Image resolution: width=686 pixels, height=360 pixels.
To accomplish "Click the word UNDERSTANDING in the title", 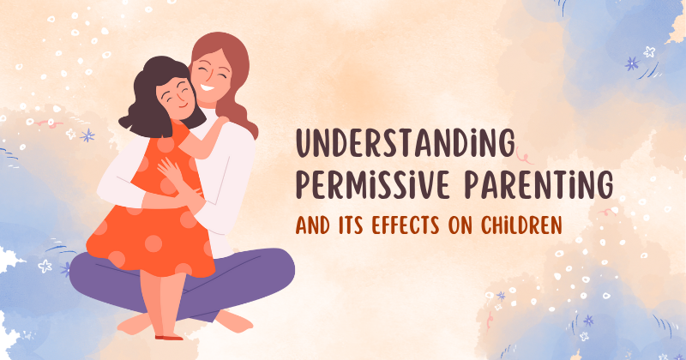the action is [406, 143].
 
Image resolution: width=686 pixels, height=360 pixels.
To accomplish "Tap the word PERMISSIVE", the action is [373, 184].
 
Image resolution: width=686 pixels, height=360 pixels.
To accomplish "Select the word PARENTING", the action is [539, 184].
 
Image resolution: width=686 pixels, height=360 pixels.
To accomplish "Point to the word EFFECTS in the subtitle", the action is [405, 225].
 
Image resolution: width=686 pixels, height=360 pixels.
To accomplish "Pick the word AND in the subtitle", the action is [312, 225].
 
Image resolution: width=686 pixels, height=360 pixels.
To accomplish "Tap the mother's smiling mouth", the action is [208, 89].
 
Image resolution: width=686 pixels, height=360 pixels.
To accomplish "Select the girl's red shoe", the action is [169, 337].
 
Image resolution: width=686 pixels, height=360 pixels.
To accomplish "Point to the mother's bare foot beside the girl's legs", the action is [234, 321].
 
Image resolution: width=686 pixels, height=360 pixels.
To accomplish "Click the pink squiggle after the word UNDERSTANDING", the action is [524, 155].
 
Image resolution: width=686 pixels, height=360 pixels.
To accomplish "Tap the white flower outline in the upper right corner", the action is [649, 52].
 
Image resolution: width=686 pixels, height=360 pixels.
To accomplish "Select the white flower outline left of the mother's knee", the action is [45, 266].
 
